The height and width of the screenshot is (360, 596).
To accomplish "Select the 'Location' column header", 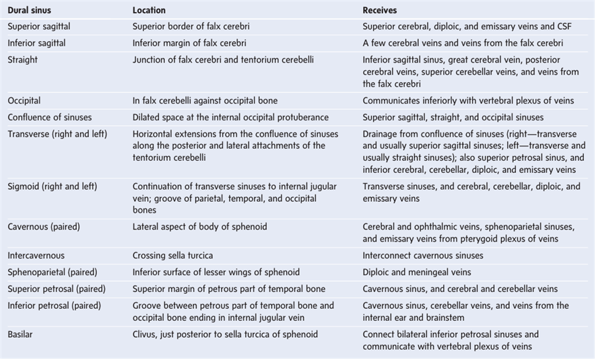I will [x=149, y=11].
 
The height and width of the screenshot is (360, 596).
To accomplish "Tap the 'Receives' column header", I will [x=380, y=11].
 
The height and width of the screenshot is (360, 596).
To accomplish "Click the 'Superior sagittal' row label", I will [x=38, y=27].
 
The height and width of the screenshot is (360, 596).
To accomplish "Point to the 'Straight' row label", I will [x=23, y=59].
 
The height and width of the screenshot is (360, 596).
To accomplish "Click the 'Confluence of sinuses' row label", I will [x=49, y=117].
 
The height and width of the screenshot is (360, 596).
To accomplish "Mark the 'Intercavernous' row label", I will [x=36, y=256].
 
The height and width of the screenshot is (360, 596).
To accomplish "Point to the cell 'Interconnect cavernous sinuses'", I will [x=422, y=256].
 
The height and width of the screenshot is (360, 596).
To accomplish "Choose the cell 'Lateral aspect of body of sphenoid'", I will [x=199, y=227].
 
